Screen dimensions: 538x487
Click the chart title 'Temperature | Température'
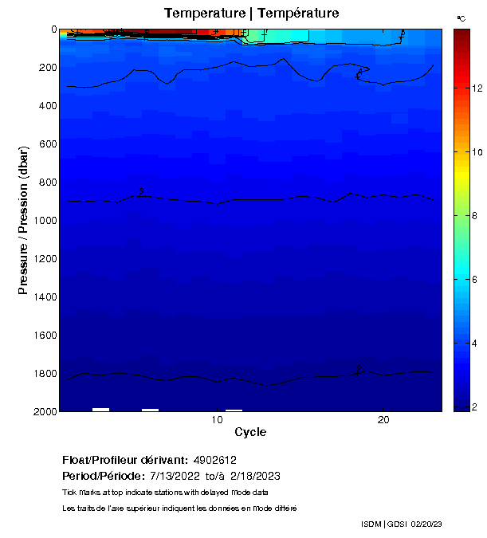[x=251, y=13]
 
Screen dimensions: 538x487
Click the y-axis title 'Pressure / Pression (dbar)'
[x=23, y=219]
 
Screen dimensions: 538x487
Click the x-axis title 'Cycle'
[x=250, y=432]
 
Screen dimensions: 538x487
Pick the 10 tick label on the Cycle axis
[x=217, y=420]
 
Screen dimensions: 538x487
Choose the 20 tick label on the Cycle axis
[x=383, y=420]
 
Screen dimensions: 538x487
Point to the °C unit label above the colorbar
[x=461, y=18]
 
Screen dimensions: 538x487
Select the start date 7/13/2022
[x=175, y=476]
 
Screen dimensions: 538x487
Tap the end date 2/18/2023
[x=254, y=476]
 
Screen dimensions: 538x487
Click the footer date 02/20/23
[x=426, y=524]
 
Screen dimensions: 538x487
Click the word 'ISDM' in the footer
[x=371, y=524]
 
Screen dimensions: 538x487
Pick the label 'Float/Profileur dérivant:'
[x=125, y=461]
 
